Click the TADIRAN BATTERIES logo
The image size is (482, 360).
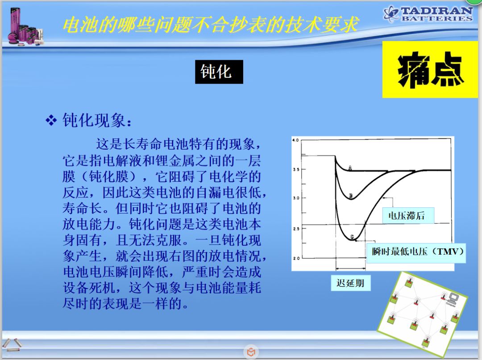coord(428,13)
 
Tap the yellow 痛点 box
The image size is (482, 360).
coord(430,70)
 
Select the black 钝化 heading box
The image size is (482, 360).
coord(219,72)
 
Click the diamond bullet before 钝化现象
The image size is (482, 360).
coord(51,120)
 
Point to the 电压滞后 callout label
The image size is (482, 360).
coord(408,215)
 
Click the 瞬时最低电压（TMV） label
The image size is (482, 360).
coord(416,252)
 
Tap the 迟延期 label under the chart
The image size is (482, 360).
coord(350,283)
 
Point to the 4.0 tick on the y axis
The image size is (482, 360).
coord(295,140)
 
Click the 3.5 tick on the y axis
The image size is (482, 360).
coord(296,169)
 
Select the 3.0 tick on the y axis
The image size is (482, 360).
coord(296,198)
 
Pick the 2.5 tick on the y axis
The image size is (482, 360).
coord(296,229)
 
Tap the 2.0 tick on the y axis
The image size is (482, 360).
coord(296,258)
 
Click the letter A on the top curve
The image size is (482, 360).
coord(350,167)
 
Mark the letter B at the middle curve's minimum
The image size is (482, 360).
coord(351,196)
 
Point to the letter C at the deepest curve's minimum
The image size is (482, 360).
coord(352,237)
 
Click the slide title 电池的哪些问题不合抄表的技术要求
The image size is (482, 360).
coord(210,24)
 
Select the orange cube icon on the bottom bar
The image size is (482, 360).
coord(251,352)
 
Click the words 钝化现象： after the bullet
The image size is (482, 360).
coord(97,120)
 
